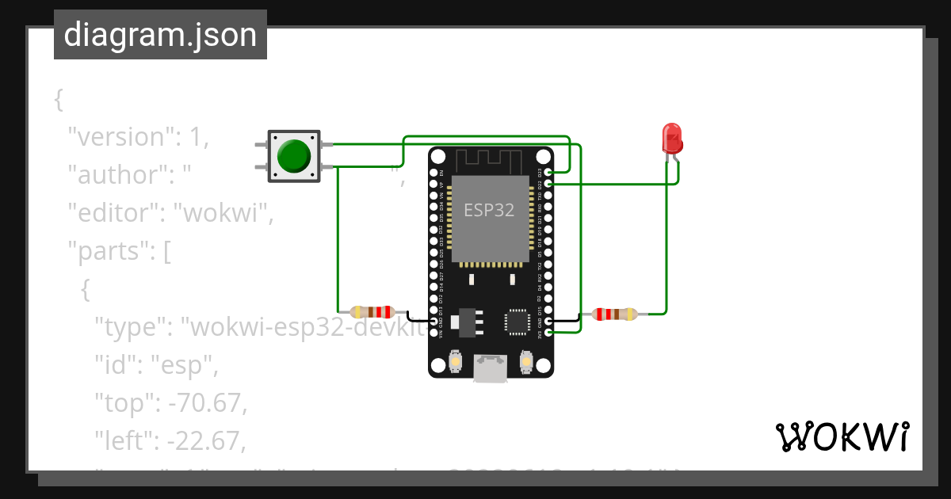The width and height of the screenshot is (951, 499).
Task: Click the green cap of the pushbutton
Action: click(x=294, y=155)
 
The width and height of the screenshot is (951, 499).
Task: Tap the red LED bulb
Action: click(x=672, y=138)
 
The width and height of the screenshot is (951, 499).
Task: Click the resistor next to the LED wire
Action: click(x=616, y=314)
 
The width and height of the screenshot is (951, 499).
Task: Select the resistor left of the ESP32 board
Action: click(x=373, y=313)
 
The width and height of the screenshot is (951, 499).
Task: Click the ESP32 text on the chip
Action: click(x=489, y=211)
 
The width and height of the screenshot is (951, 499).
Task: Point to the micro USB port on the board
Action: click(x=490, y=368)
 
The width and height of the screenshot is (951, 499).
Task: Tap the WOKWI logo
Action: click(x=842, y=436)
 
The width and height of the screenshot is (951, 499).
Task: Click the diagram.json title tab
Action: click(x=160, y=35)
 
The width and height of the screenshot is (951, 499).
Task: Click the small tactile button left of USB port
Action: click(x=456, y=362)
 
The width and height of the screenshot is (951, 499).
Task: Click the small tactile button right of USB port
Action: click(x=525, y=362)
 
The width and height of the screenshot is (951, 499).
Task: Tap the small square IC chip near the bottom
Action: click(x=517, y=322)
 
